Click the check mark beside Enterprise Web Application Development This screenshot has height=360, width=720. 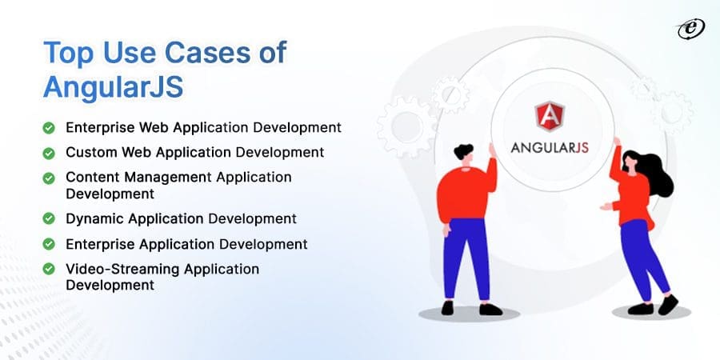pos(49,127)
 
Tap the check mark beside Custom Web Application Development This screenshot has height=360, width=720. pos(49,152)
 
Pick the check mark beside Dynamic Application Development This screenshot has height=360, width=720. pos(49,218)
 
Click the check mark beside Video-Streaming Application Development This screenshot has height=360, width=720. pos(49,270)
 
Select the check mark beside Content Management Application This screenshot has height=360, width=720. pos(49,177)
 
